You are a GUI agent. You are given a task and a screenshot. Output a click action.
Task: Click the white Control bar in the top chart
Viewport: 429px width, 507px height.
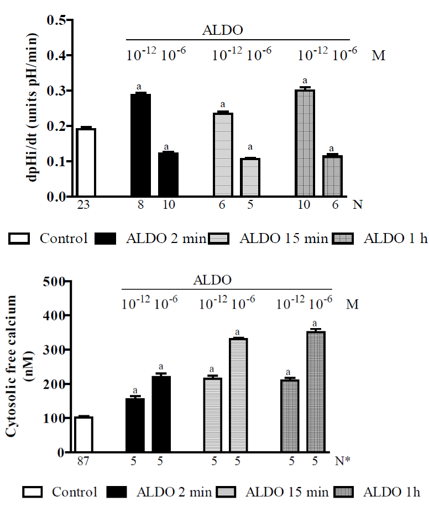tap(86, 162)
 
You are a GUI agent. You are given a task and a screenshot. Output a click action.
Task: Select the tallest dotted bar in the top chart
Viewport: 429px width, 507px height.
tap(305, 143)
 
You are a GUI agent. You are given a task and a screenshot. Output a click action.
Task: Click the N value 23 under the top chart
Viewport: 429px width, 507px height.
tap(86, 204)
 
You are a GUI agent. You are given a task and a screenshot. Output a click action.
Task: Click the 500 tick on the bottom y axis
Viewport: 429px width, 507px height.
tap(54, 282)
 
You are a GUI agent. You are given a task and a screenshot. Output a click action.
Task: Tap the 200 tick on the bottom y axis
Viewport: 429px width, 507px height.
tap(54, 384)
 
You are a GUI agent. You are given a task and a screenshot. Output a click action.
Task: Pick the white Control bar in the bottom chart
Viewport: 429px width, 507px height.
tap(83, 434)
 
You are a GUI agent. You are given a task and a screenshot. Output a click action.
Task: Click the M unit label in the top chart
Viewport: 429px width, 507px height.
tap(378, 55)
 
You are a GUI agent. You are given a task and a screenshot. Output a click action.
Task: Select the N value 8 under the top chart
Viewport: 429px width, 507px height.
tap(141, 204)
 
